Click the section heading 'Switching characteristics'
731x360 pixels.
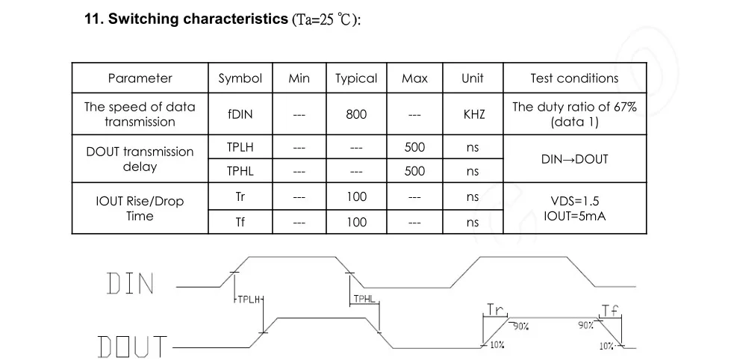coord(198,19)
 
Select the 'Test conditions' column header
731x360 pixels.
coord(574,78)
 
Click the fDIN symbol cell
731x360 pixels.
coord(240,114)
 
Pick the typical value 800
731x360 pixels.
coord(356,114)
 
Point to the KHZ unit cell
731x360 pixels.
coord(473,114)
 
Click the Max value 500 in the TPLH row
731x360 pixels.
coord(414,147)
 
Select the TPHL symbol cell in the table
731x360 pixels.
coord(240,171)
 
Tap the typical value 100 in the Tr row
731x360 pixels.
coord(357,196)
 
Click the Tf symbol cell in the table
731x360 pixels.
coord(240,222)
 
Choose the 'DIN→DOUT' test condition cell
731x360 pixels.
coord(574,159)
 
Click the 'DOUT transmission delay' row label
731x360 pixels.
coord(140,159)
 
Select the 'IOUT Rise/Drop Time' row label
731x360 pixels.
coord(140,209)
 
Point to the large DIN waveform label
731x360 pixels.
coord(130,284)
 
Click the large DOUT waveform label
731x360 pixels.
coord(132,347)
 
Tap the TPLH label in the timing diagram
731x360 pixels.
coord(248,300)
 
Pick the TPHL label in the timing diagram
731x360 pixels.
coord(364,299)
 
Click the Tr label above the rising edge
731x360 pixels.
coord(496,310)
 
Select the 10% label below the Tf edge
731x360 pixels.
coord(606,346)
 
